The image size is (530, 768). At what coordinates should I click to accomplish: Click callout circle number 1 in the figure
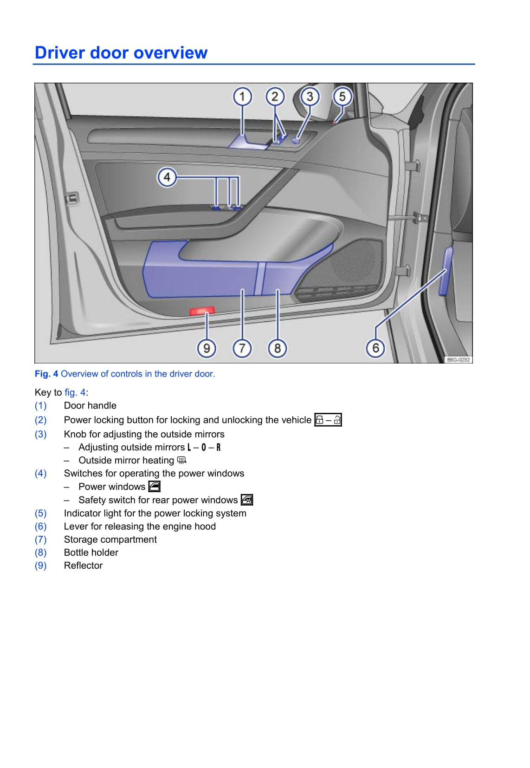(x=242, y=97)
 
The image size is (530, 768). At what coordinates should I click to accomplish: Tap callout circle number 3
(x=310, y=97)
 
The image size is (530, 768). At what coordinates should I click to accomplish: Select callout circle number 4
(x=167, y=177)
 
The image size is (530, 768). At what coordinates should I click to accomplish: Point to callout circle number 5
(x=343, y=97)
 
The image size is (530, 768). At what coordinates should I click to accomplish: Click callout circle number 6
(x=375, y=348)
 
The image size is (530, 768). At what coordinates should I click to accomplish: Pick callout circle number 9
(x=207, y=348)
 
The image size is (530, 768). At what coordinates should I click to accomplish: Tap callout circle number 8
(x=277, y=348)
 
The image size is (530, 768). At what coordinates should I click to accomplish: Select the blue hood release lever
(x=446, y=272)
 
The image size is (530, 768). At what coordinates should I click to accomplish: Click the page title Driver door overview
(x=121, y=53)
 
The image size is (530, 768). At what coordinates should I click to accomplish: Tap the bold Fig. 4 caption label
(x=46, y=374)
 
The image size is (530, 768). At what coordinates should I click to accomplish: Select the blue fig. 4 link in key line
(x=75, y=392)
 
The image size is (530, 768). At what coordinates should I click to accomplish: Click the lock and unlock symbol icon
(x=328, y=420)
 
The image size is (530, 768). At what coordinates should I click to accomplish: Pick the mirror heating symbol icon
(x=181, y=461)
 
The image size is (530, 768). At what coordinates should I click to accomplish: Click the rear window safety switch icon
(x=247, y=500)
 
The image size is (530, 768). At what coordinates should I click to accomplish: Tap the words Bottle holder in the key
(x=91, y=553)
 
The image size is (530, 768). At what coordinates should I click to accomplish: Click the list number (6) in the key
(x=41, y=527)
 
